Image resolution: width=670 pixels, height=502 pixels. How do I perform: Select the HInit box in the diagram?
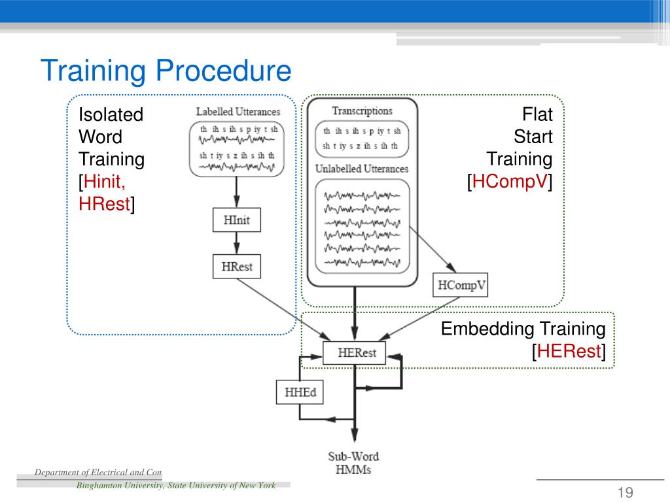coord(236,220)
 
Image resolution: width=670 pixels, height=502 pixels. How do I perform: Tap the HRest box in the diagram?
coord(236,266)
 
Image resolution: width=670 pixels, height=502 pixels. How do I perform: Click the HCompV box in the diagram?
coord(461,286)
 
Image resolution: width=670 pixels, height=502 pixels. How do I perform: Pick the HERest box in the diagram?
coord(354,353)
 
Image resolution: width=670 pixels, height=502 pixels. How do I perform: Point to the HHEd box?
coord(299,392)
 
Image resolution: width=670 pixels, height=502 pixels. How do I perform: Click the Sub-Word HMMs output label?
coord(353,463)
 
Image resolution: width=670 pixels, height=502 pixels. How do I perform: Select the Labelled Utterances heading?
coord(238,112)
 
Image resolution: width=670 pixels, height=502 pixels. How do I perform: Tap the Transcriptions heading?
coord(362,111)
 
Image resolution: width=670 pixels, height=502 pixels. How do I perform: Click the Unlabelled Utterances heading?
coord(362,169)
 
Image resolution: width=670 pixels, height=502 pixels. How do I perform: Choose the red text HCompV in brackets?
coord(509,182)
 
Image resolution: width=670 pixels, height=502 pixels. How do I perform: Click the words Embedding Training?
coord(523,329)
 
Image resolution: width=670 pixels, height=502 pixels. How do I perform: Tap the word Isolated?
coord(111,115)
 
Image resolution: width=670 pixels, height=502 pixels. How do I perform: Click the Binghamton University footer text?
coord(175,485)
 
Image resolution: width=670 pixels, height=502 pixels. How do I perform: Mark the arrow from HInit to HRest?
coord(236,243)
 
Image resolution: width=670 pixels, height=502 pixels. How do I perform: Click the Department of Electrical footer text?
coord(98,472)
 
